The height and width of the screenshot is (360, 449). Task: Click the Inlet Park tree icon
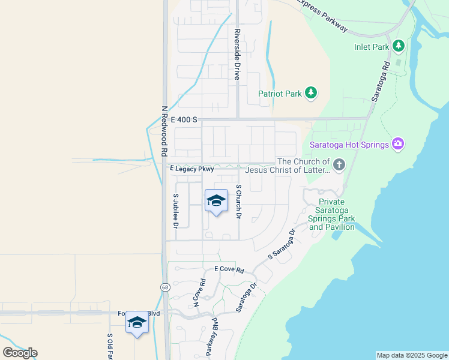point(398,46)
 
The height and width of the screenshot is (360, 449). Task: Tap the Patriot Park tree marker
point(310,92)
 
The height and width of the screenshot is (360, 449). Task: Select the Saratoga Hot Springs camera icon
point(397,143)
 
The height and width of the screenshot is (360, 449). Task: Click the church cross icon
point(339,165)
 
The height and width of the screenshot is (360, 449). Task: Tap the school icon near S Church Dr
point(216,201)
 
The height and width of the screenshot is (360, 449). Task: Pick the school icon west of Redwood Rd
point(137,323)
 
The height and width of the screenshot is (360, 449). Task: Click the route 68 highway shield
point(165,287)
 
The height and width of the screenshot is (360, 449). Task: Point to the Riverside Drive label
point(238,54)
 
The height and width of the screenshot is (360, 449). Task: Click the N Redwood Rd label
point(164,131)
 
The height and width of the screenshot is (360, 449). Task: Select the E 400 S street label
point(184,120)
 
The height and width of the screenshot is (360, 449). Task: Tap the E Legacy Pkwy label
point(192,169)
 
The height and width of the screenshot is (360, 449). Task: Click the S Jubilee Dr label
point(176,211)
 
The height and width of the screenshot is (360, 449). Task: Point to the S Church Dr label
point(238,201)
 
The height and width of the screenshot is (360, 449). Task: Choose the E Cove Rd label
point(225,270)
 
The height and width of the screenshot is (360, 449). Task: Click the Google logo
point(20,353)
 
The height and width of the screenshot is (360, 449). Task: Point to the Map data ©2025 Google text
point(412,355)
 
